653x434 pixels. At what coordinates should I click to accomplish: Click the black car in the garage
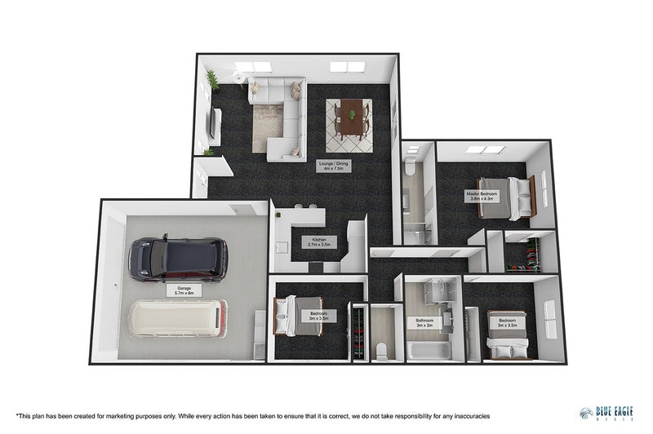[178, 259]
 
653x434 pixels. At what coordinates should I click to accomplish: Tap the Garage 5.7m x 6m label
[184, 290]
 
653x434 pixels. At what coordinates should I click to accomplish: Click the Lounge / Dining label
[333, 166]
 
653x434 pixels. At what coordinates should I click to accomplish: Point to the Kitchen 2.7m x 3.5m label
[318, 242]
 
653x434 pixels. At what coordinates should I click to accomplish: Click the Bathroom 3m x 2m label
[424, 321]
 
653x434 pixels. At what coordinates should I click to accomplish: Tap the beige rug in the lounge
[266, 127]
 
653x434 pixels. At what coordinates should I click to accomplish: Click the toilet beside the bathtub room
[381, 349]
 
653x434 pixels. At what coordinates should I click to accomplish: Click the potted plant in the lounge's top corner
[212, 79]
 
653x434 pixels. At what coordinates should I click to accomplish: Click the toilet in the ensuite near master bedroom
[411, 169]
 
